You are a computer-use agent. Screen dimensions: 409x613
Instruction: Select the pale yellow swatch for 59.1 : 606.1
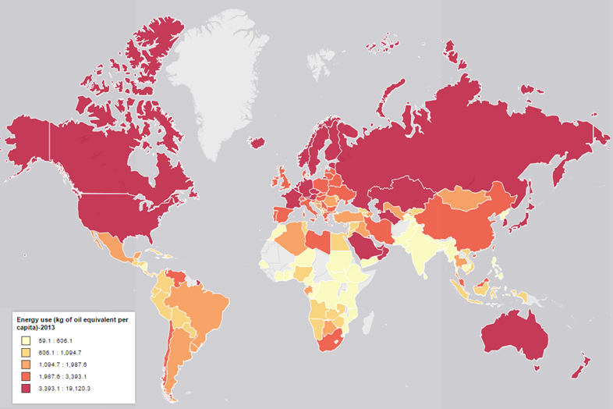[26, 340]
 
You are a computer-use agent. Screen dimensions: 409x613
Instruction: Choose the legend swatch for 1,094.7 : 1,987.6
[26, 365]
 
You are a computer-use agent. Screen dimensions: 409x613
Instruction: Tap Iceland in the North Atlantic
[257, 143]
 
